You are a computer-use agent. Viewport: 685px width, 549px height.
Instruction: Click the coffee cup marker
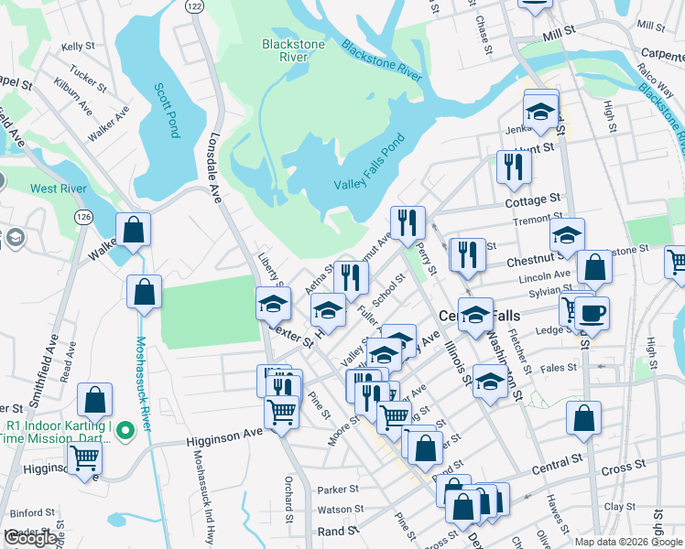(x=592, y=312)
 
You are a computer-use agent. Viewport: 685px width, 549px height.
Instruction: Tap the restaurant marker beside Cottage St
(x=513, y=166)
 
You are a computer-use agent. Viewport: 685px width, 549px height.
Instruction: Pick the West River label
(x=58, y=188)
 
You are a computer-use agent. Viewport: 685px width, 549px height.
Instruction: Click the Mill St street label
(x=558, y=31)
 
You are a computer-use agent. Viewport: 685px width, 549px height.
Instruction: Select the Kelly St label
(x=78, y=47)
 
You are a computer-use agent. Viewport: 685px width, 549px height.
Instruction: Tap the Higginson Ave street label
(x=223, y=440)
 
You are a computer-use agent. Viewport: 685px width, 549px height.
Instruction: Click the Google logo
(x=30, y=538)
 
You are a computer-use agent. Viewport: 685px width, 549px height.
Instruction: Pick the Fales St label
(x=558, y=368)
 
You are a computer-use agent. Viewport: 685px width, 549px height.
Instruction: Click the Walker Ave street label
(x=108, y=124)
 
